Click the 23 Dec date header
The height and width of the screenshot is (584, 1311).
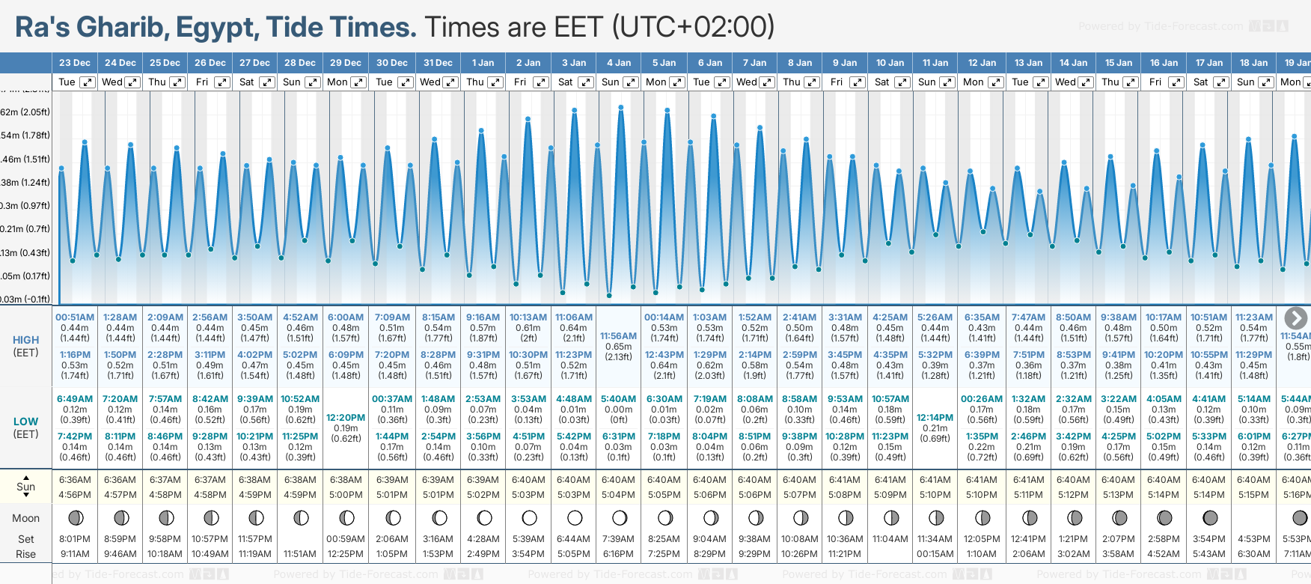(75, 63)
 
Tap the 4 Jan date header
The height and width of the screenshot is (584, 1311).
(619, 63)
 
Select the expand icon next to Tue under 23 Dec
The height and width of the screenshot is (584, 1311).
(88, 82)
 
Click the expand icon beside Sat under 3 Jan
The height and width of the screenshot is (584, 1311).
(586, 82)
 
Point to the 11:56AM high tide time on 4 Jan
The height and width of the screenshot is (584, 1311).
(618, 336)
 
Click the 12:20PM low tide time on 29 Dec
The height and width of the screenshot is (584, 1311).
(346, 418)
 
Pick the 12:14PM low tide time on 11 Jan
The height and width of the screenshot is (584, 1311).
(935, 418)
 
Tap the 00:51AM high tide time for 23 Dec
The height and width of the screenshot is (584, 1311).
(75, 317)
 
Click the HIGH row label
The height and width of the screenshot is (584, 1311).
(25, 340)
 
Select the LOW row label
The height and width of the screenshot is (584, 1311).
(25, 422)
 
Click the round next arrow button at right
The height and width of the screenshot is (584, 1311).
(1295, 317)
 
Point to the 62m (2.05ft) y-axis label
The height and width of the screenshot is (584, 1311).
(25, 112)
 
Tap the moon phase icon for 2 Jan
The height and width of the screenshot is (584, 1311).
(529, 517)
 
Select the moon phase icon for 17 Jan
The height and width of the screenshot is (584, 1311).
(1209, 517)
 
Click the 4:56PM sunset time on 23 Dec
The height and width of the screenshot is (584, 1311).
(75, 495)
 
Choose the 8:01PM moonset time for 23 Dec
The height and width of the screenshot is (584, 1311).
(75, 539)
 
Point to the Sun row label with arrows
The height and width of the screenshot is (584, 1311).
(25, 487)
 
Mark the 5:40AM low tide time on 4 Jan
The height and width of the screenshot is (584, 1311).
(618, 399)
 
